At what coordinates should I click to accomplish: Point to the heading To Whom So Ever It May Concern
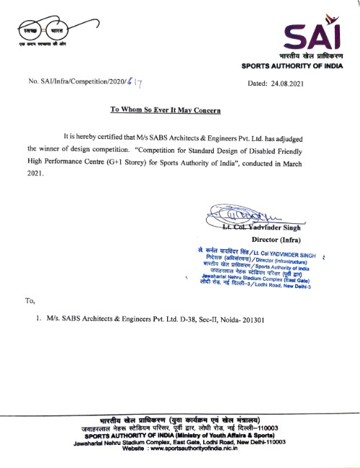pos(165,110)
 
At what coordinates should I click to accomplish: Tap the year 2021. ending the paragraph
pos(36,174)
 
